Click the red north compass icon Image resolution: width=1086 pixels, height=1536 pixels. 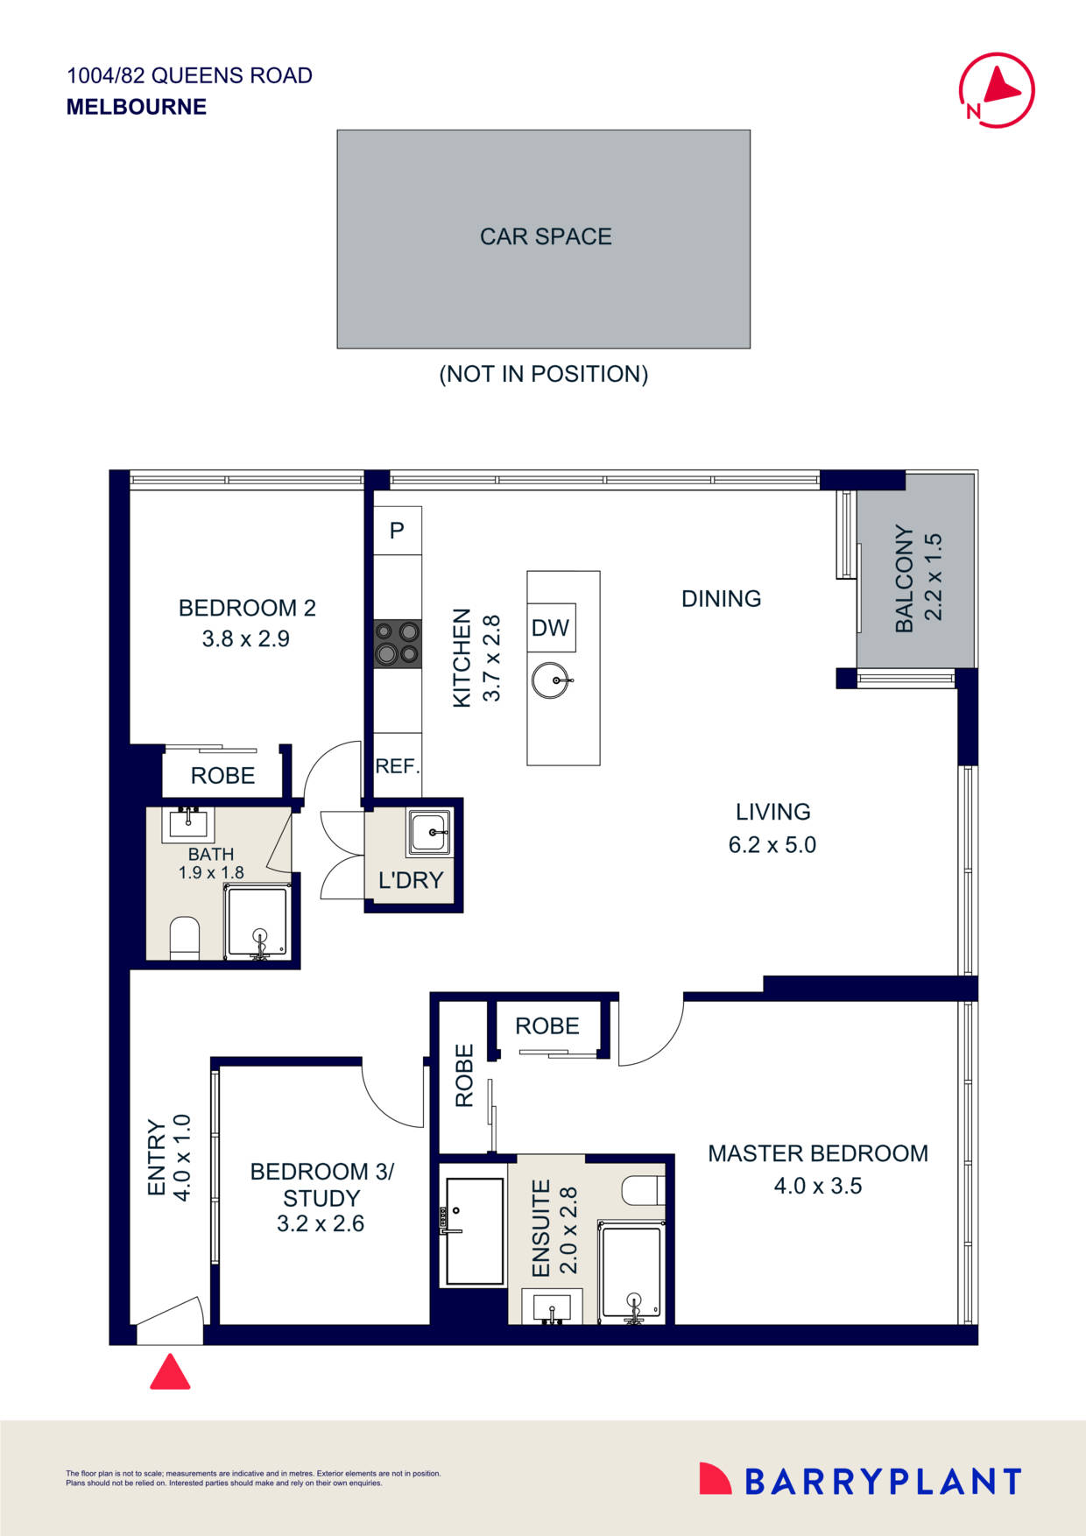click(x=997, y=90)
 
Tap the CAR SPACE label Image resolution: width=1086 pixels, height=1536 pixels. click(x=545, y=236)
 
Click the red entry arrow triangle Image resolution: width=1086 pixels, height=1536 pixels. click(x=170, y=1372)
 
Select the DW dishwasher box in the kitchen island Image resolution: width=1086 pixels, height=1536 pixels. click(x=551, y=627)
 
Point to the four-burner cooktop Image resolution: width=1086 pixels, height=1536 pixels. click(x=398, y=643)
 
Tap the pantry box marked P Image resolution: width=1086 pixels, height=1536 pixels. click(x=398, y=530)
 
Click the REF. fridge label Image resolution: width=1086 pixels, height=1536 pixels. click(x=398, y=766)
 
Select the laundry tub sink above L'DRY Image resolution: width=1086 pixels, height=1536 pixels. click(x=429, y=832)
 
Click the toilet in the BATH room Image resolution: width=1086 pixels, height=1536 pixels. click(x=185, y=937)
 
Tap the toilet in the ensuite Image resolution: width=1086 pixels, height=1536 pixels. click(x=642, y=1190)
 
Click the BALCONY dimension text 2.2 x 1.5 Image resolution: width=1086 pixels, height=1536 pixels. click(x=934, y=577)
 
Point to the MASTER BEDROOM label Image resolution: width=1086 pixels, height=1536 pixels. click(x=817, y=1153)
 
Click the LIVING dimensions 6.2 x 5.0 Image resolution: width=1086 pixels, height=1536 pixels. click(x=772, y=845)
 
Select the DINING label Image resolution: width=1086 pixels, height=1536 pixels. click(x=721, y=599)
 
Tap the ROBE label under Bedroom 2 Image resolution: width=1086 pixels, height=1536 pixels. click(x=222, y=776)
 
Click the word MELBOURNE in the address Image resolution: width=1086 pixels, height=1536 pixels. click(x=137, y=107)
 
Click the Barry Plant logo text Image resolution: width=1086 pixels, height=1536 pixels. click(x=882, y=1482)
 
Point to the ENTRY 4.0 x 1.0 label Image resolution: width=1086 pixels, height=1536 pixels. click(x=168, y=1157)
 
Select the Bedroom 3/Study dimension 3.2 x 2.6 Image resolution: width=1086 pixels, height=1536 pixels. click(x=321, y=1223)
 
